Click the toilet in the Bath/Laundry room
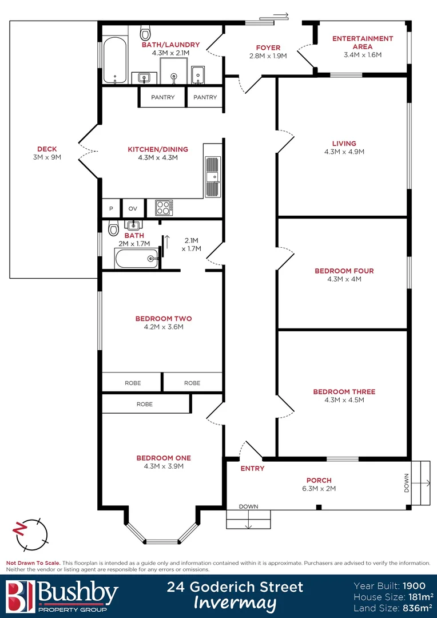[145, 30]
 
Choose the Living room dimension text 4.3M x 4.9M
[344, 152]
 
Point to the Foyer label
[268, 47]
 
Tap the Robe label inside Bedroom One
[145, 404]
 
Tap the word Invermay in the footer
[235, 603]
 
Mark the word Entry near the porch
[252, 469]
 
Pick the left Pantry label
[163, 97]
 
